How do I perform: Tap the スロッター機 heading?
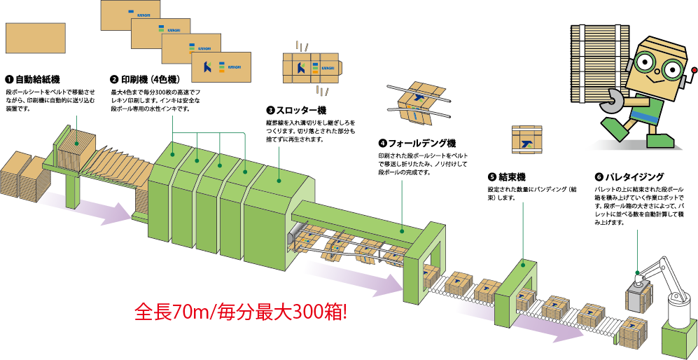(x=296, y=110)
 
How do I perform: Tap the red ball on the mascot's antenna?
(x=694, y=70)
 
